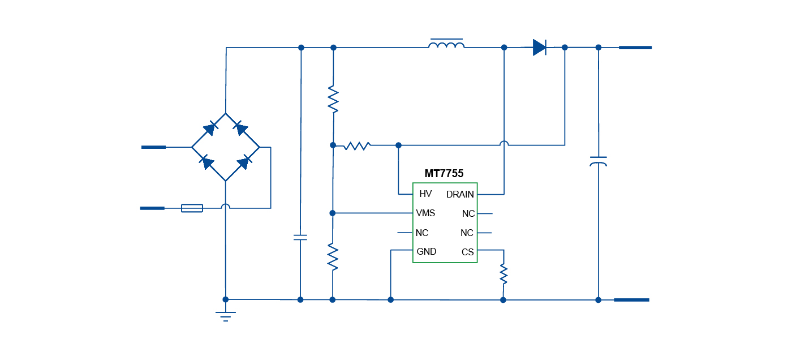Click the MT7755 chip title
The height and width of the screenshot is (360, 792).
[x=444, y=174]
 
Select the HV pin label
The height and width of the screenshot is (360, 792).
[x=425, y=194]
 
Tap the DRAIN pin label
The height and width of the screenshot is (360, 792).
[x=460, y=195]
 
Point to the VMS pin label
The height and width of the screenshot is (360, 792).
[x=425, y=213]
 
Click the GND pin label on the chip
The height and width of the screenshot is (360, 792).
[x=427, y=252]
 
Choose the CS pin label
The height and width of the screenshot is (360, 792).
[x=467, y=252]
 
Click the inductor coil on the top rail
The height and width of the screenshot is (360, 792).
[x=446, y=45]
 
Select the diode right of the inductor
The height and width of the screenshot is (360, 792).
[x=540, y=48]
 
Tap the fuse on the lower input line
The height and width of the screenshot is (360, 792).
[x=192, y=208]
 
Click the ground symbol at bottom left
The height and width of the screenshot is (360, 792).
[x=226, y=315]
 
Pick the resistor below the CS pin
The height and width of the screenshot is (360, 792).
[x=503, y=274]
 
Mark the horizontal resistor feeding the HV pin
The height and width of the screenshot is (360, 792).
[x=357, y=146]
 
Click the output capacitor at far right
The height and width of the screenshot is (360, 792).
[x=598, y=161]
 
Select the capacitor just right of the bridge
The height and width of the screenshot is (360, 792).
[x=300, y=237]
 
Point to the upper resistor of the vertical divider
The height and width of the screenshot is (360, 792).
[x=333, y=99]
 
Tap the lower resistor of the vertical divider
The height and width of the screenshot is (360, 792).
[x=333, y=256]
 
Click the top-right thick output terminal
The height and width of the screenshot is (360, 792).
[x=635, y=48]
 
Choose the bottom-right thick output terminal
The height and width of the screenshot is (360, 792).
[x=631, y=300]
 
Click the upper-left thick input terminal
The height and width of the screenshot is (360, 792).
[x=153, y=147]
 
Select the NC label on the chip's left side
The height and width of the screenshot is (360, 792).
[x=422, y=233]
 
